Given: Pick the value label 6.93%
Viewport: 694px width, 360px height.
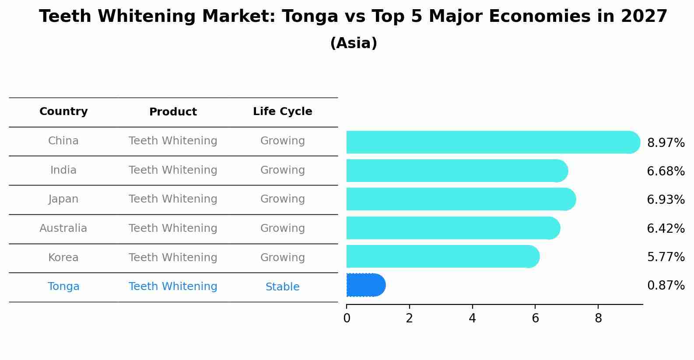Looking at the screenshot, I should (666, 200).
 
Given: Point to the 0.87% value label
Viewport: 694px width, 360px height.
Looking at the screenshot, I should (666, 286).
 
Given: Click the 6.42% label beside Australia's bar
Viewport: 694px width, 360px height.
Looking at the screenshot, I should (666, 228).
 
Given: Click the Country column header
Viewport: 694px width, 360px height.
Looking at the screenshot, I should (63, 112).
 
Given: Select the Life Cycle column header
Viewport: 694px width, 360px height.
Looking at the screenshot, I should (282, 112).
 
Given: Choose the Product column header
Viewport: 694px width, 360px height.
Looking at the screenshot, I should (173, 112).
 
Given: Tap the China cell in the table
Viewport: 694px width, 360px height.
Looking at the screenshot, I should (63, 141).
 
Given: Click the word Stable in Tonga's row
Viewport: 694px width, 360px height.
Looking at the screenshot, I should (282, 287).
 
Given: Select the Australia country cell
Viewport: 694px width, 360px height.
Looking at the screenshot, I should (63, 228).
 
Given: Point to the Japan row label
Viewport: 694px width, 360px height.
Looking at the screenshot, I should (63, 199).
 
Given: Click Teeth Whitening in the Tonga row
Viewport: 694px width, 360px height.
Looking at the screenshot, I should (173, 287).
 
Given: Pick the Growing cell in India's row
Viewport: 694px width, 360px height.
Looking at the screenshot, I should (282, 170).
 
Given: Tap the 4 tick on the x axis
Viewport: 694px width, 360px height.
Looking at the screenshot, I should (472, 318).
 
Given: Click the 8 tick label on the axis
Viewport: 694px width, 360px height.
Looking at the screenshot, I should (598, 318).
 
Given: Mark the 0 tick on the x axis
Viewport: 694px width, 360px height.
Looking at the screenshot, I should (347, 318).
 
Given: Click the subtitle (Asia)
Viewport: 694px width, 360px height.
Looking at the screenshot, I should (354, 43).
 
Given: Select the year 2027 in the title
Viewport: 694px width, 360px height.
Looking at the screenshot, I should (644, 17).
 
